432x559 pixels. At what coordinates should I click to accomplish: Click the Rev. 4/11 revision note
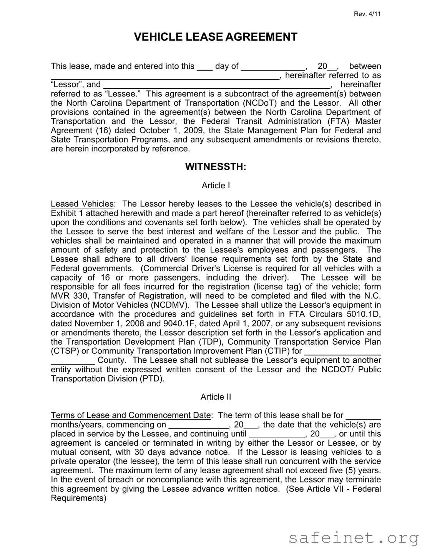coord(367,14)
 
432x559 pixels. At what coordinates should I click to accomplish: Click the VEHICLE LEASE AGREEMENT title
coord(216,37)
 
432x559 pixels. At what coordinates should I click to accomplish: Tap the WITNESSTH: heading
coord(216,167)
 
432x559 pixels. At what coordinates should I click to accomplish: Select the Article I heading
coord(216,186)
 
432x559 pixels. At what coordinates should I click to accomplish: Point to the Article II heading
coord(216,397)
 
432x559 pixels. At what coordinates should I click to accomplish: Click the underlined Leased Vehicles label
coord(82,204)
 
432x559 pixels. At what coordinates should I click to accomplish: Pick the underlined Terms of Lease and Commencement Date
coord(131,415)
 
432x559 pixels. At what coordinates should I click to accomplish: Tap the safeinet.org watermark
coord(353,538)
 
